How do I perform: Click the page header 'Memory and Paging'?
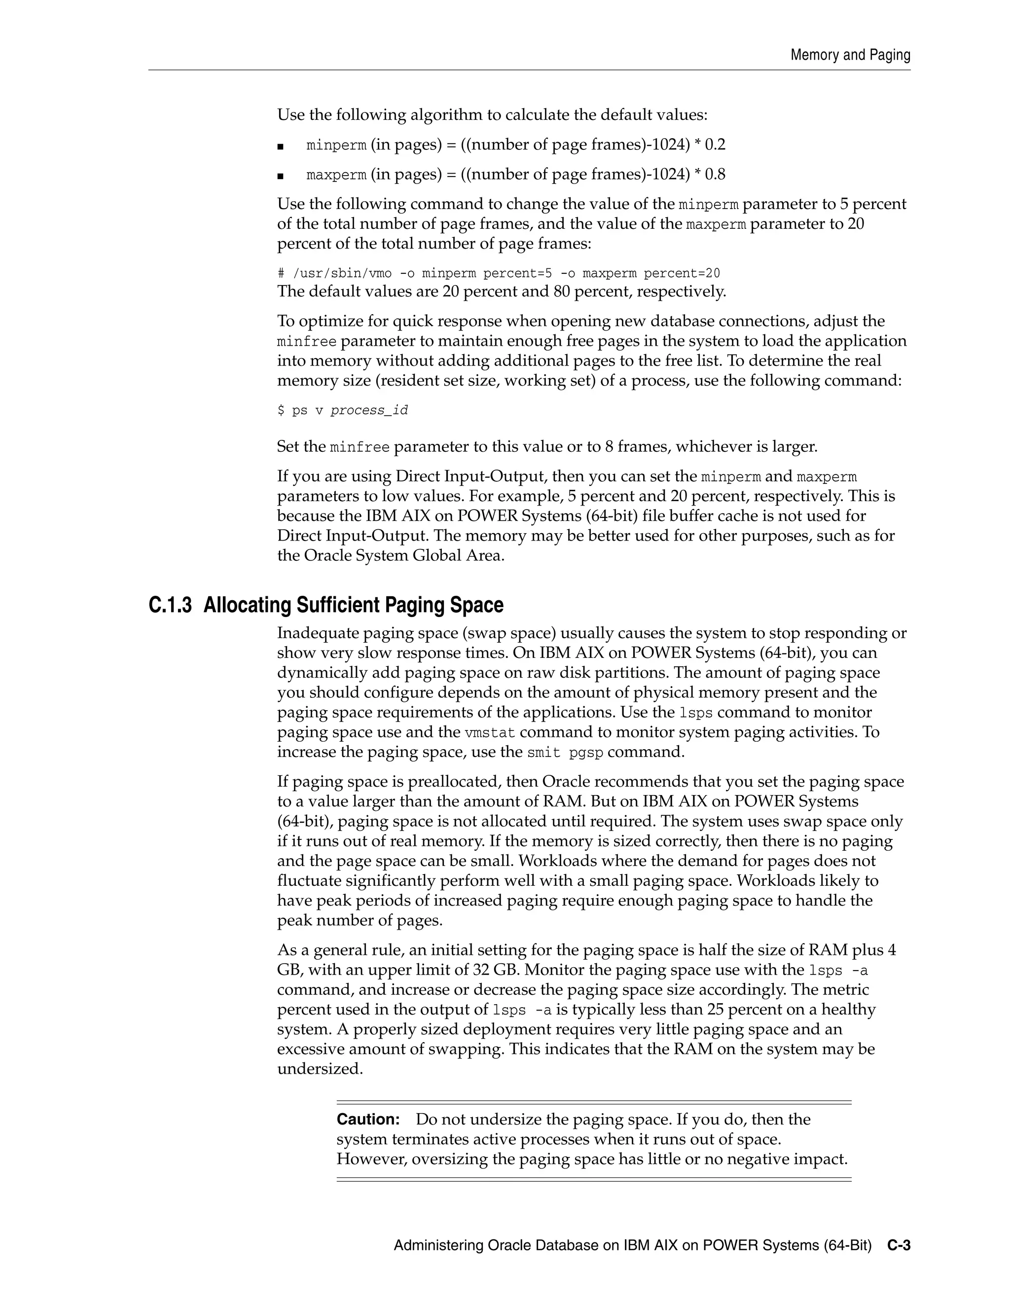click(850, 55)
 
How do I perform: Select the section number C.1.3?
click(170, 605)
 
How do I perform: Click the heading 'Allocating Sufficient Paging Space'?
click(353, 605)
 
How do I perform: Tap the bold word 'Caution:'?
click(368, 1119)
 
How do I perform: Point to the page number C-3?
click(899, 1246)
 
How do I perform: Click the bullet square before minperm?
click(280, 146)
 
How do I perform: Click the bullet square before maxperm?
click(280, 176)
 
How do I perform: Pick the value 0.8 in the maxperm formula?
click(715, 175)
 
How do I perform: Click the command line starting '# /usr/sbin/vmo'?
click(499, 274)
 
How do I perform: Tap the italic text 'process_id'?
click(369, 410)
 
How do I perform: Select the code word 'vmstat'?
click(489, 733)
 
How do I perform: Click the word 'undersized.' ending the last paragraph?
click(320, 1069)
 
